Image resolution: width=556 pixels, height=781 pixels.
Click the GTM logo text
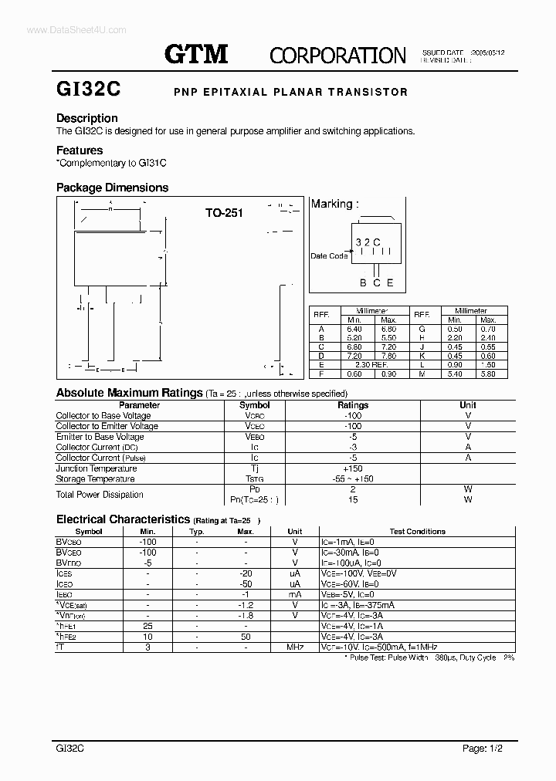pyautogui.click(x=196, y=53)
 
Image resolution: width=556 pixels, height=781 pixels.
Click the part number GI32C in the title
pyautogui.click(x=88, y=91)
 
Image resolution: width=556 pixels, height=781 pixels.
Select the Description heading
pyautogui.click(x=87, y=118)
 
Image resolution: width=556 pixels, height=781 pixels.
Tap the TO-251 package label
pyautogui.click(x=224, y=213)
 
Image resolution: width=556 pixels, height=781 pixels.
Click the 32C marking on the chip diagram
pyautogui.click(x=368, y=242)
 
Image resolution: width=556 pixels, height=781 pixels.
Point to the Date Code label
pyautogui.click(x=329, y=256)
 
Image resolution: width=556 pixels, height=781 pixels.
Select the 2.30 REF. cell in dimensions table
pyautogui.click(x=371, y=364)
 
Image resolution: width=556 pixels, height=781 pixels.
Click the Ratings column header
pyautogui.click(x=353, y=405)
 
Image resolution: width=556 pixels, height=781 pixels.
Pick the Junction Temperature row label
pyautogui.click(x=97, y=468)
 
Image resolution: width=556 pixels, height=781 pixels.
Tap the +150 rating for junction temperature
pyautogui.click(x=353, y=468)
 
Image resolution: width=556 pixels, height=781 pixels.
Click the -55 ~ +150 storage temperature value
pyautogui.click(x=353, y=479)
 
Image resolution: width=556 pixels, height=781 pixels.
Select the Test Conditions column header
pyautogui.click(x=417, y=532)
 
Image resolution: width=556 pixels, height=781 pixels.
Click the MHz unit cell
pyautogui.click(x=294, y=646)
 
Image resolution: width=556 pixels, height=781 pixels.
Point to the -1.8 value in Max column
pyautogui.click(x=246, y=615)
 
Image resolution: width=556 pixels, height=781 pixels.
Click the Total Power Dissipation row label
pyautogui.click(x=100, y=495)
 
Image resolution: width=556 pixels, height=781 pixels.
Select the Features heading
pyautogui.click(x=80, y=150)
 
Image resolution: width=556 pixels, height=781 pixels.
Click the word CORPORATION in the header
pyautogui.click(x=337, y=55)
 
